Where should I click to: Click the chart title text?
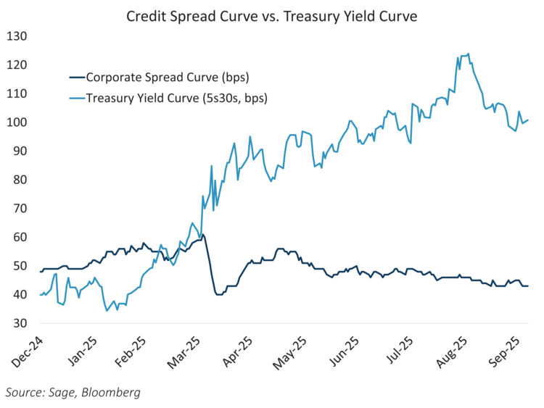click(x=272, y=17)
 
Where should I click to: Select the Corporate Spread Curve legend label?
click(x=168, y=77)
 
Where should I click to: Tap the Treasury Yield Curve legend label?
click(x=177, y=98)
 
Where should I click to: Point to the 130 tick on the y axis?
click(x=17, y=36)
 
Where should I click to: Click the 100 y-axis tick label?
click(x=17, y=122)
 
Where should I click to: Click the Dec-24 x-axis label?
click(x=27, y=352)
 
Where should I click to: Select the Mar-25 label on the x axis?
click(x=184, y=352)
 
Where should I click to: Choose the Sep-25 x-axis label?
click(x=504, y=351)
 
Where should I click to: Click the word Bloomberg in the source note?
click(x=111, y=392)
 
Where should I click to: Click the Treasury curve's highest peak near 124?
click(x=469, y=54)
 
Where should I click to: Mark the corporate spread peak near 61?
click(x=203, y=234)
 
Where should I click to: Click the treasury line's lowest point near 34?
click(x=107, y=311)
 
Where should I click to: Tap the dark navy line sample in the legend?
click(x=77, y=78)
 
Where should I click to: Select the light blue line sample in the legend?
click(x=77, y=99)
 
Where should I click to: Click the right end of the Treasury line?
click(x=528, y=120)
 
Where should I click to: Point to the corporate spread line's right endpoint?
click(x=528, y=286)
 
